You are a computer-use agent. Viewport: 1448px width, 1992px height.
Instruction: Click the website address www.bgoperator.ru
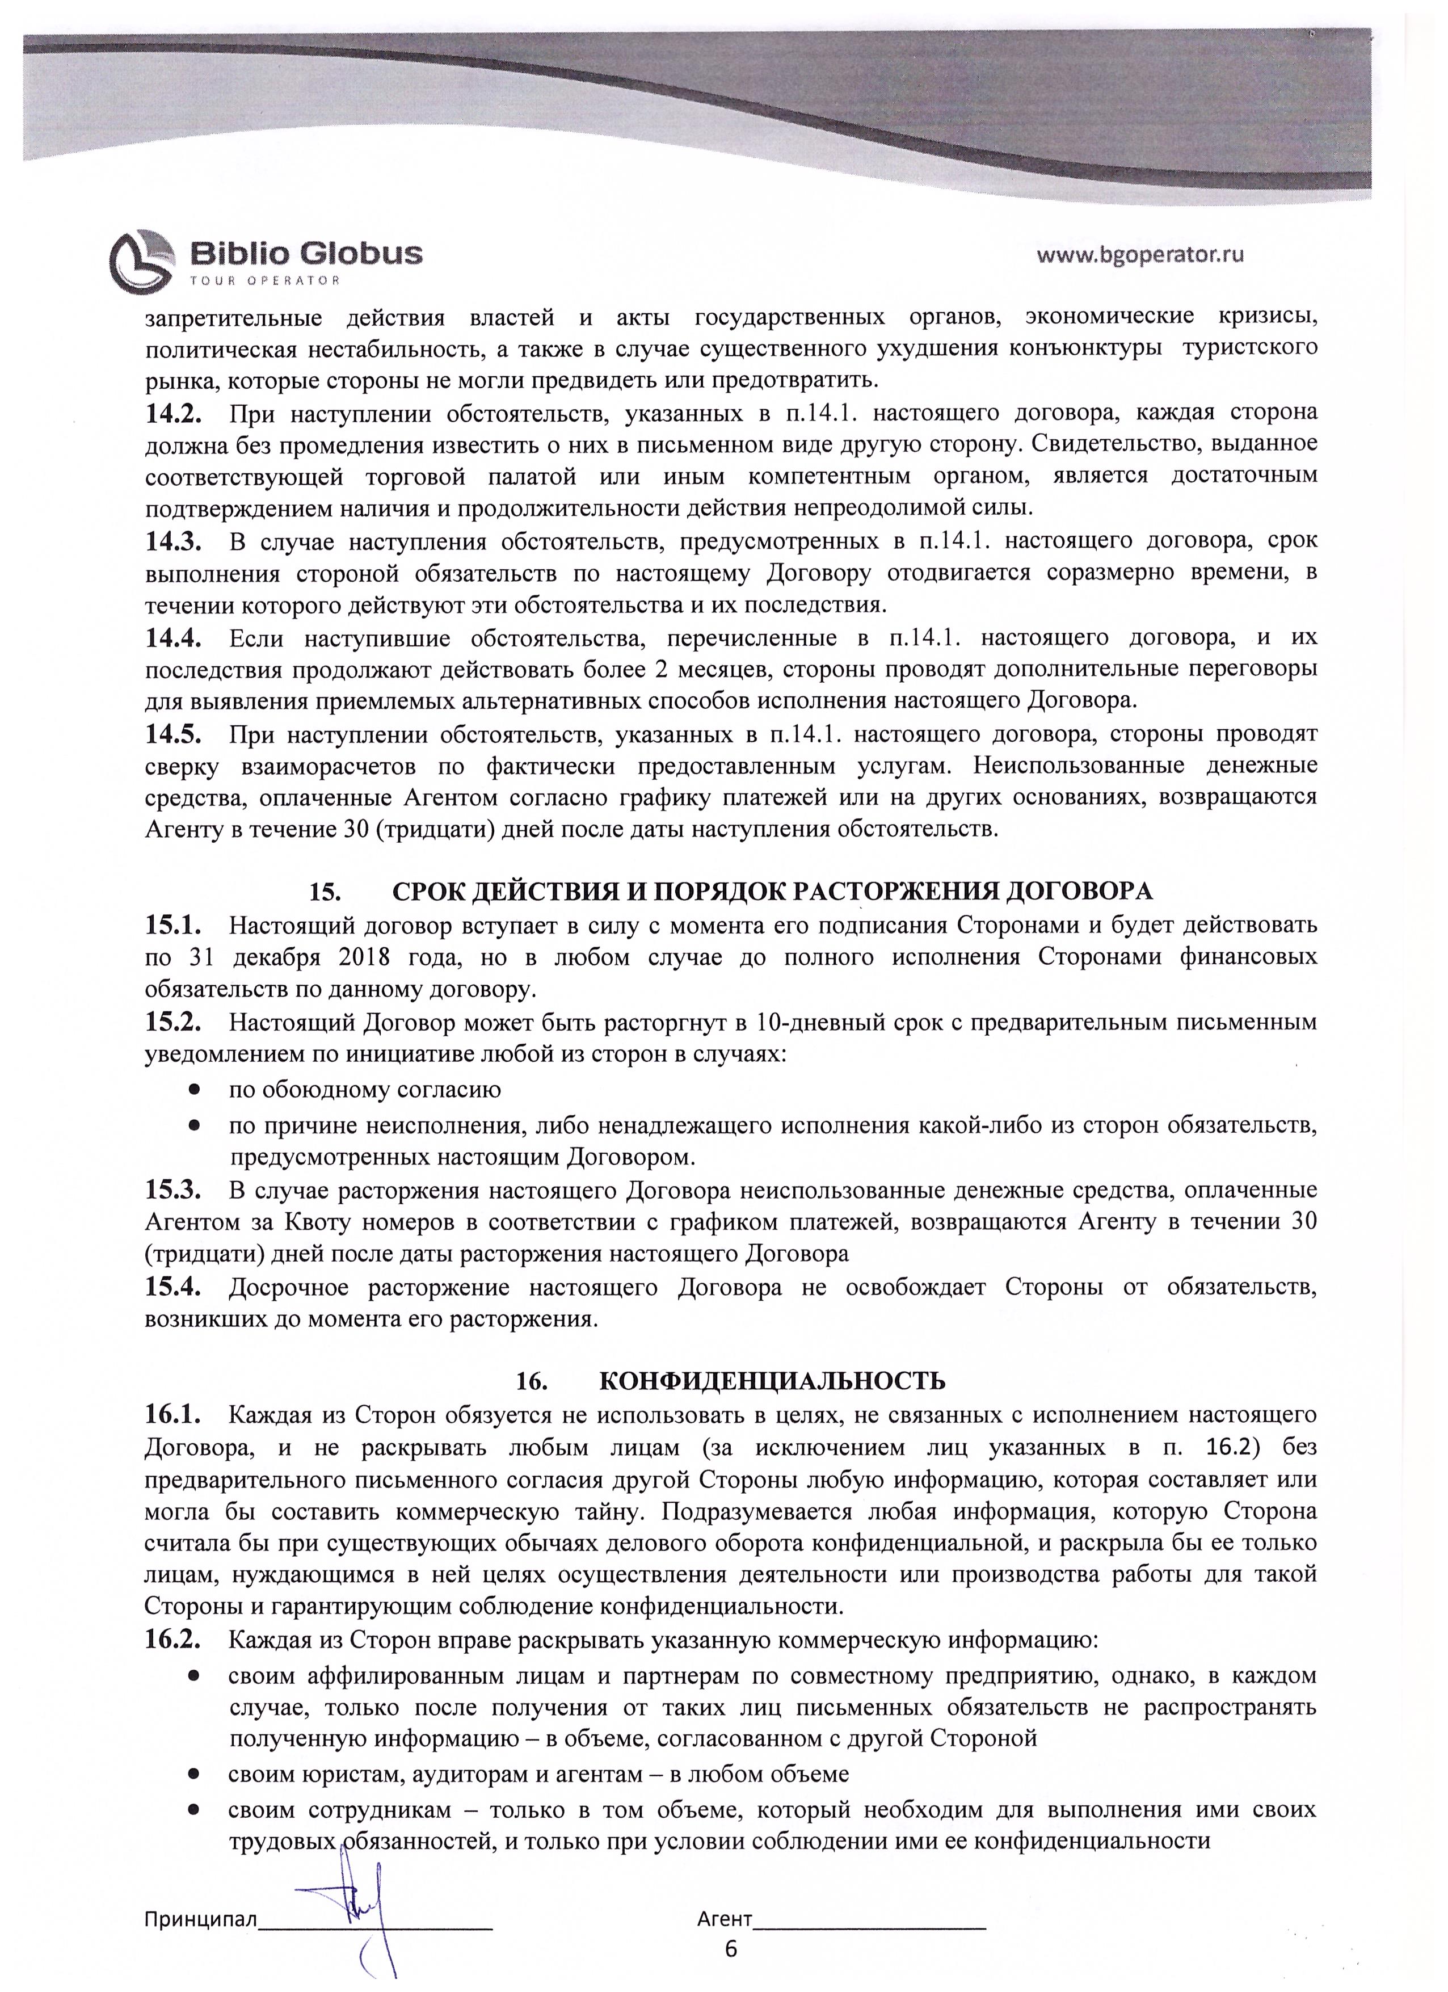click(1140, 255)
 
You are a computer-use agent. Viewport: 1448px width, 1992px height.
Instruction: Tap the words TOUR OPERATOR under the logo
click(264, 280)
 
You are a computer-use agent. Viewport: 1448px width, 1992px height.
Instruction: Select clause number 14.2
click(174, 412)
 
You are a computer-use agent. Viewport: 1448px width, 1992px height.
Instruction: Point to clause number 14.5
click(174, 733)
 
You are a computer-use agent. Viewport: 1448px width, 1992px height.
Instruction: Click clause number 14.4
click(174, 637)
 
